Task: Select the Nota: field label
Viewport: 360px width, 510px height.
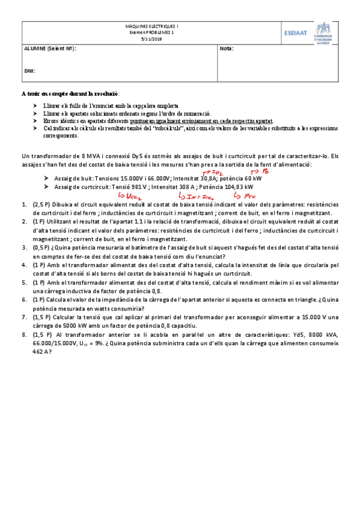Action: point(227,49)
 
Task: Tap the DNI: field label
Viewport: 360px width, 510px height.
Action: point(29,70)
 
